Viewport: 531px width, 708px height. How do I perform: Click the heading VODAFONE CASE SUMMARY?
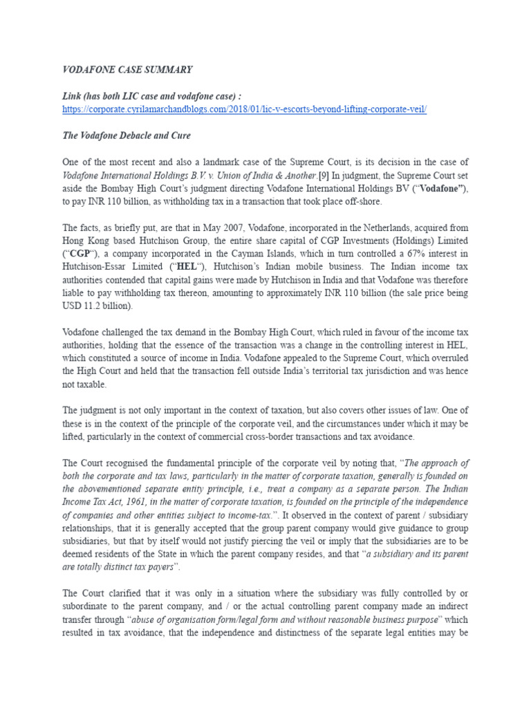point(127,70)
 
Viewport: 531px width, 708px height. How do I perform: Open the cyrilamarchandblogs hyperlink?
point(245,110)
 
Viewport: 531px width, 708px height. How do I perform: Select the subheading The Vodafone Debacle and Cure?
point(127,136)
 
